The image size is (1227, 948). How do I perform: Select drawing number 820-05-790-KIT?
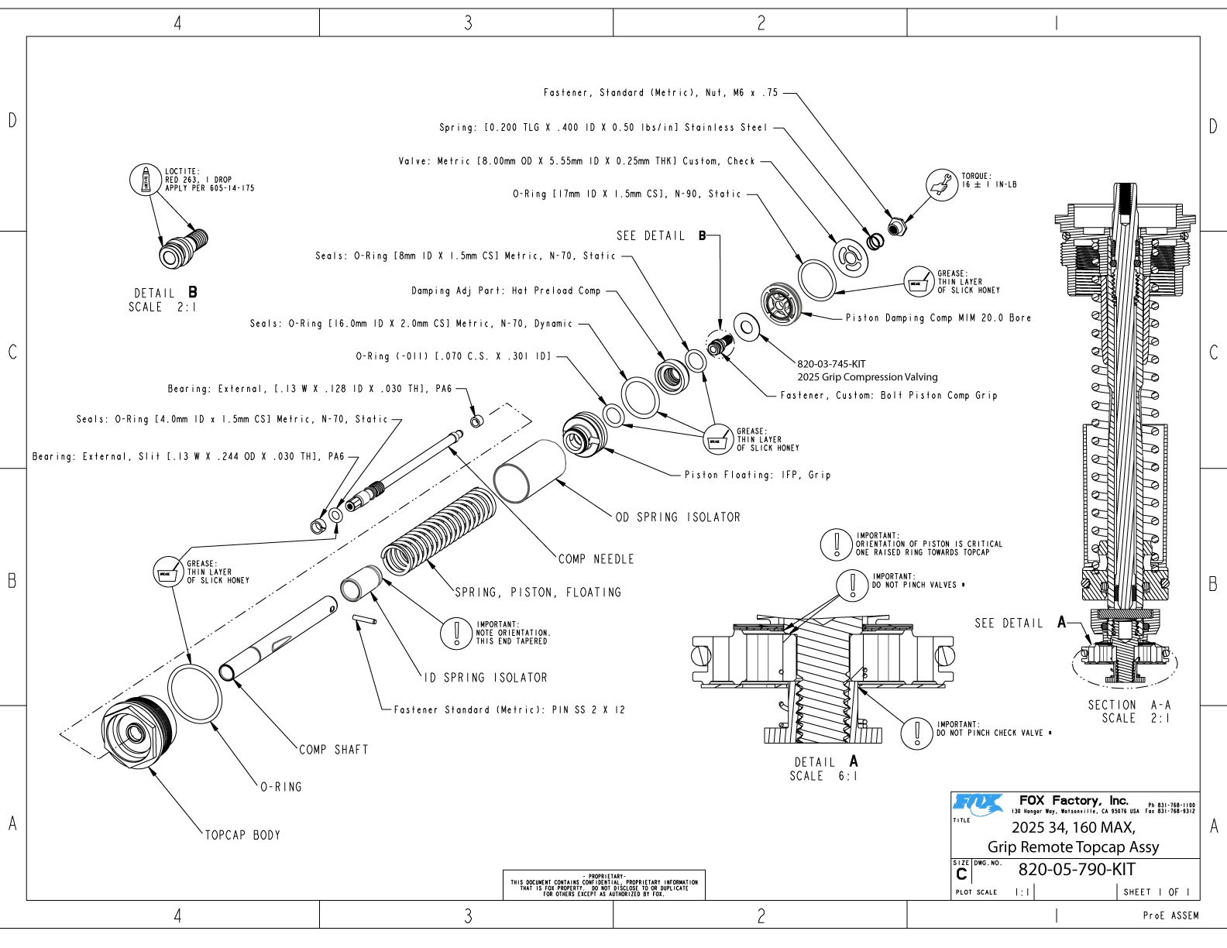coord(1076,870)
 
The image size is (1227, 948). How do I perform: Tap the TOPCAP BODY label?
coord(242,835)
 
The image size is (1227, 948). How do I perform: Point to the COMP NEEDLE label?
coord(596,559)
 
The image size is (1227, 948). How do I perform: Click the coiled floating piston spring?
coord(439,533)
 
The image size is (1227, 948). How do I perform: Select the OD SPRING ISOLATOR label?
coord(678,517)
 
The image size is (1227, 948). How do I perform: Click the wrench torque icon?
coord(942,185)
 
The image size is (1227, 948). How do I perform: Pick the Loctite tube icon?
coord(145,180)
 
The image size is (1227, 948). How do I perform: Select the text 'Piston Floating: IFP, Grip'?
coord(757,475)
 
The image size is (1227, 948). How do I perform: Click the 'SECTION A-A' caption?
coord(1129,705)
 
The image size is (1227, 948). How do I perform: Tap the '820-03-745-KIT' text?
coord(831,364)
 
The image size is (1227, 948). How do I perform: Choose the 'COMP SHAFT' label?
coord(333,750)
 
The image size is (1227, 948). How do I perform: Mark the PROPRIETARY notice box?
coord(604,885)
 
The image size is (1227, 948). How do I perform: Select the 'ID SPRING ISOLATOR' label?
coord(486,678)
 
